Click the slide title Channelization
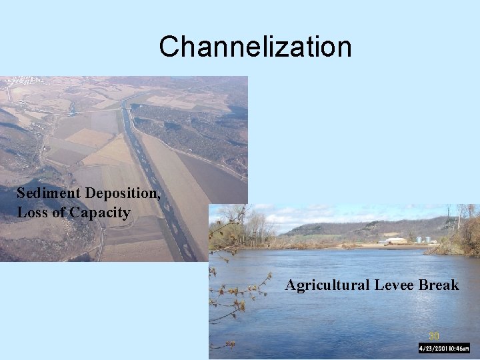[255, 47]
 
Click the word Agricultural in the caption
[327, 285]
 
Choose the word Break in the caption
[439, 285]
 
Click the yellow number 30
[434, 336]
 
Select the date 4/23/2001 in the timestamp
[433, 348]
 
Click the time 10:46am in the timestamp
[459, 348]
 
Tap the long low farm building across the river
[396, 241]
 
